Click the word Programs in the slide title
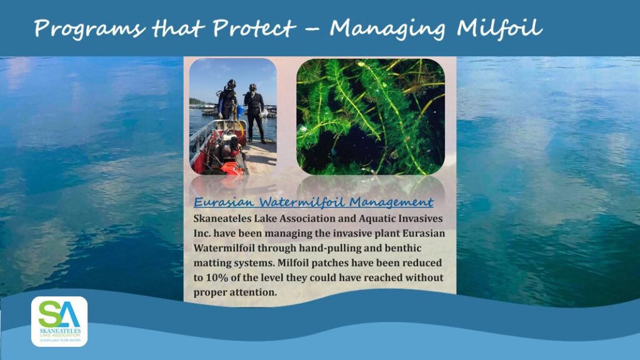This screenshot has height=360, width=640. tap(89, 29)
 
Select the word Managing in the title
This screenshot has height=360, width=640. tap(387, 29)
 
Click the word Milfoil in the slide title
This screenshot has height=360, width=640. tap(499, 27)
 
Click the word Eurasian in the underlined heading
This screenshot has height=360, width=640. tap(224, 202)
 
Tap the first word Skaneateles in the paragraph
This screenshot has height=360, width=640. tap(222, 218)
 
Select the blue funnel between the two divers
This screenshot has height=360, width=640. tap(241, 110)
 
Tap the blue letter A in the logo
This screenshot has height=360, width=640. tap(69, 314)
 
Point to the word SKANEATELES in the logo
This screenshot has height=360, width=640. tap(60, 331)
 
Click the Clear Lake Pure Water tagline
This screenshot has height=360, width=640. tap(60, 340)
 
